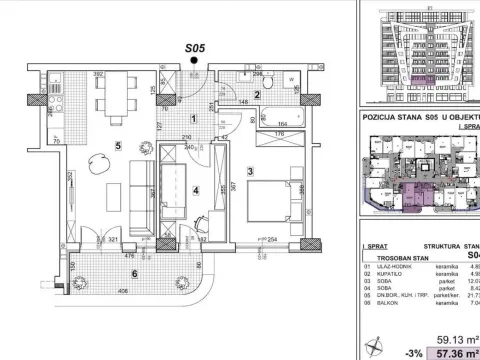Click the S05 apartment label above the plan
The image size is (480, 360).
tap(195, 45)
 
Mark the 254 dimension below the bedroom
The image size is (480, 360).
tap(271, 241)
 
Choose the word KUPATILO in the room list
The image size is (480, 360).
tap(391, 274)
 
